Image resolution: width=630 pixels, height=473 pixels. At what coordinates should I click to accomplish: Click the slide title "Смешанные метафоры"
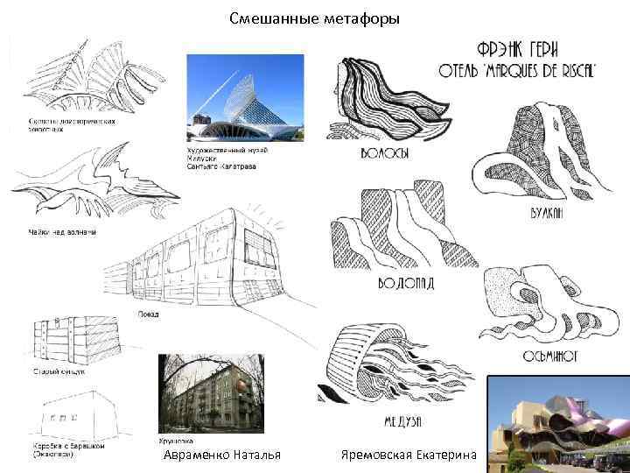coord(314,18)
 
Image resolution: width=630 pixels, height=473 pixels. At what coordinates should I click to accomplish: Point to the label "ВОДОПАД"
coord(405,283)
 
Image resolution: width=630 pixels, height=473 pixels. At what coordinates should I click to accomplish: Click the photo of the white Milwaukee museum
coord(245,98)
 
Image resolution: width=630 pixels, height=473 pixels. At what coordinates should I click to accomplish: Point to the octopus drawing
coord(531,302)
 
